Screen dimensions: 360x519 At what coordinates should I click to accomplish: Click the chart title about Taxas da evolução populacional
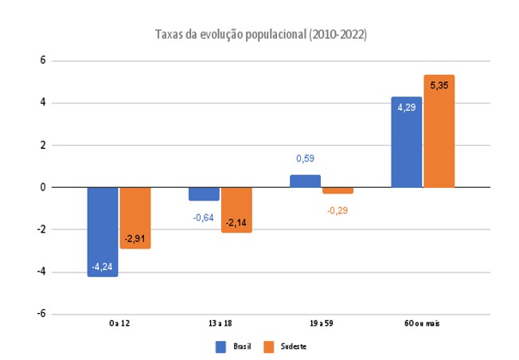pyautogui.click(x=260, y=36)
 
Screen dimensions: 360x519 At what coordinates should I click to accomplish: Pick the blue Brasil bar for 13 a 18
pyautogui.click(x=204, y=194)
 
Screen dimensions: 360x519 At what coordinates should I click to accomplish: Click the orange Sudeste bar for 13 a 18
pyautogui.click(x=236, y=209)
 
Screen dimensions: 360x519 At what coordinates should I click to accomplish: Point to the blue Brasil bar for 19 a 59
pyautogui.click(x=305, y=181)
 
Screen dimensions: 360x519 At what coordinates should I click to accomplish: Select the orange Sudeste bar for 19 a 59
pyautogui.click(x=338, y=190)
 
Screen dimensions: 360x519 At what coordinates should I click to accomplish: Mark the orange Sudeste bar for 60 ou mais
pyautogui.click(x=439, y=131)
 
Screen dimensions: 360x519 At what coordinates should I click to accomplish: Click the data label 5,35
pyautogui.click(x=439, y=84)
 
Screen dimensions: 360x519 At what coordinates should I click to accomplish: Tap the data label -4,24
pyautogui.click(x=103, y=267)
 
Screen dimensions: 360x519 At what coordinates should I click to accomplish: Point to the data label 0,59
pyautogui.click(x=305, y=158)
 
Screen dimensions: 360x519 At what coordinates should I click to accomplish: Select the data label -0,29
pyautogui.click(x=338, y=210)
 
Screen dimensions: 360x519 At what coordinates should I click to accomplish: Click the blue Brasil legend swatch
pyautogui.click(x=222, y=346)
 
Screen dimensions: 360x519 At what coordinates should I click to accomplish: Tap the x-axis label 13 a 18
pyautogui.click(x=220, y=324)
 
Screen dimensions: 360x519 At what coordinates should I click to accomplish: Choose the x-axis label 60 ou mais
pyautogui.click(x=422, y=324)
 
